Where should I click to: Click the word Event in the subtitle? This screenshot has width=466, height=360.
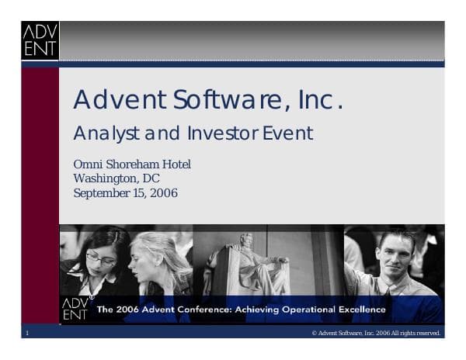pyautogui.click(x=288, y=133)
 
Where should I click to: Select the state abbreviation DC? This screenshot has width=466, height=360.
pyautogui.click(x=152, y=178)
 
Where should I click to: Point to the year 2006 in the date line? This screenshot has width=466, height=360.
pyautogui.click(x=164, y=192)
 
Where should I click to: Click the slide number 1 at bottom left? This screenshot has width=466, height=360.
pyautogui.click(x=26, y=333)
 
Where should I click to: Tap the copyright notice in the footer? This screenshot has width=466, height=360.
pyautogui.click(x=376, y=333)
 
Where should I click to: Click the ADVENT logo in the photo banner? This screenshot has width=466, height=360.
pyautogui.click(x=75, y=309)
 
